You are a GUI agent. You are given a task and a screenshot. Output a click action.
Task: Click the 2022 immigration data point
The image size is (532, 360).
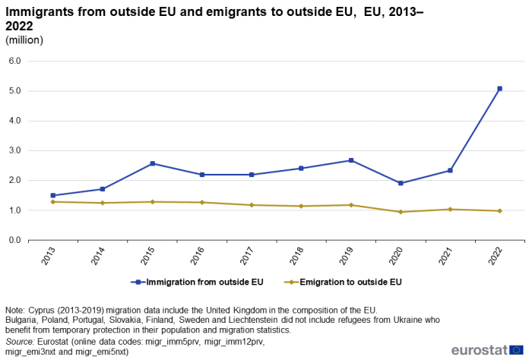click(499, 89)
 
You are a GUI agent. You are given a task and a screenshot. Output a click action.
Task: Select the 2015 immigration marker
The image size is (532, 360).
click(153, 163)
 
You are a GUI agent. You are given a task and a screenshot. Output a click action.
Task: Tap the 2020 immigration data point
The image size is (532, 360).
click(401, 183)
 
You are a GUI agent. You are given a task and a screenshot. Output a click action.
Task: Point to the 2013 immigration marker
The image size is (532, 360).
click(53, 195)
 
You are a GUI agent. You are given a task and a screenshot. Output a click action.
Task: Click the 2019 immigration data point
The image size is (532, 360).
click(351, 160)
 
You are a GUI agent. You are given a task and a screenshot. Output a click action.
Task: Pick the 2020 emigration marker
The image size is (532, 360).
click(401, 212)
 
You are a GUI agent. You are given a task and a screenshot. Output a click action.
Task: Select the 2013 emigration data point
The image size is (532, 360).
click(53, 201)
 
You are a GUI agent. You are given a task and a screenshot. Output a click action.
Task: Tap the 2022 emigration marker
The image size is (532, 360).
click(499, 210)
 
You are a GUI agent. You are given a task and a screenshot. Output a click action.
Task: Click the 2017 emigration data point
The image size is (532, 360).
click(252, 205)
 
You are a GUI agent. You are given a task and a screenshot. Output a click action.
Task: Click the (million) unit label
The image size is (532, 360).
click(24, 39)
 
